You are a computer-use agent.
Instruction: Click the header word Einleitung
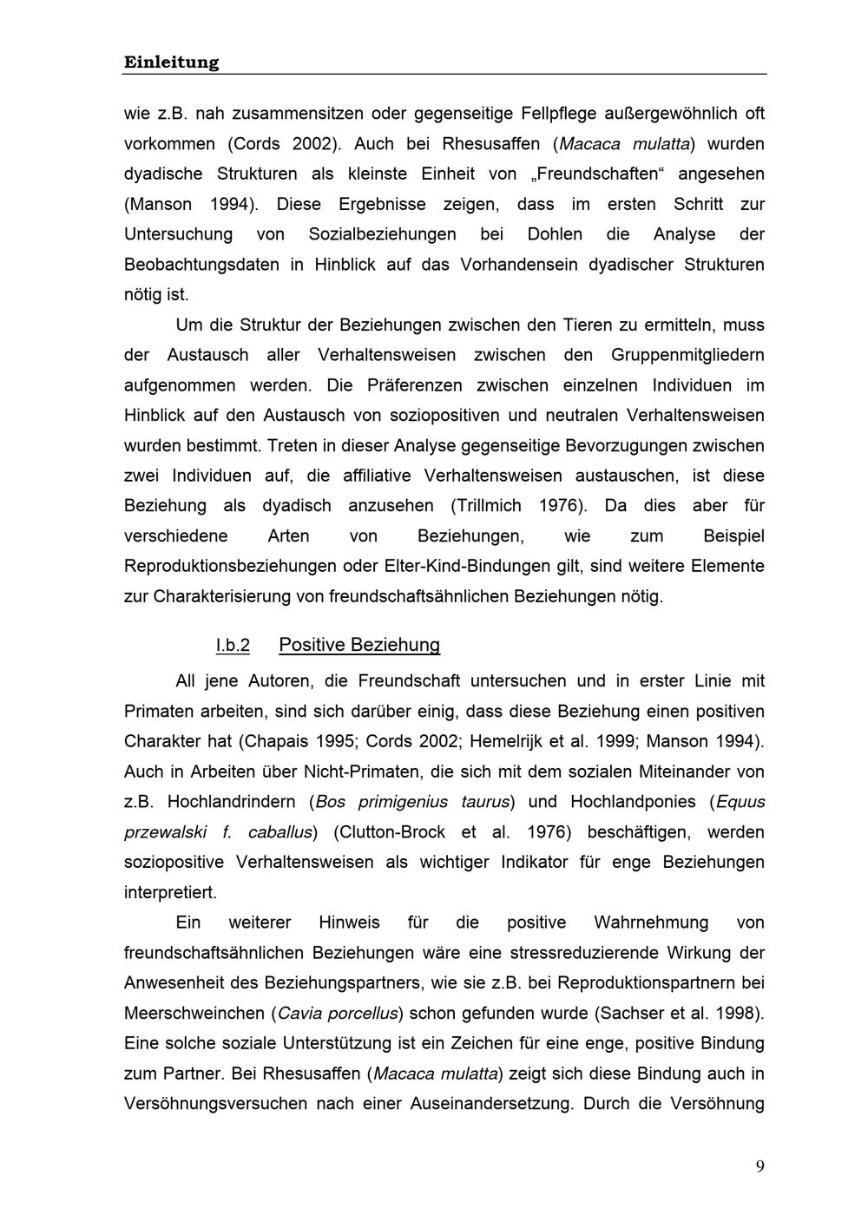tap(171, 62)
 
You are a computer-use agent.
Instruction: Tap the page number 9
tap(760, 1166)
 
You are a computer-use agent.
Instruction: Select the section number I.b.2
tap(233, 646)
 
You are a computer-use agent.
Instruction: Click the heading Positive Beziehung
tap(359, 645)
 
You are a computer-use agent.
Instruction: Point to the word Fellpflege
tap(562, 114)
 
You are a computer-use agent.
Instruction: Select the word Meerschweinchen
tap(194, 1014)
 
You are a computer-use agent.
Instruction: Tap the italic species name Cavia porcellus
tap(339, 1014)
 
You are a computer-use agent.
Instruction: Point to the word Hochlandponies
tap(633, 802)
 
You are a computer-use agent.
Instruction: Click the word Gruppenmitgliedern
tap(687, 355)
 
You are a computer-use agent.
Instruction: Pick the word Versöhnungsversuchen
tap(215, 1104)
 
